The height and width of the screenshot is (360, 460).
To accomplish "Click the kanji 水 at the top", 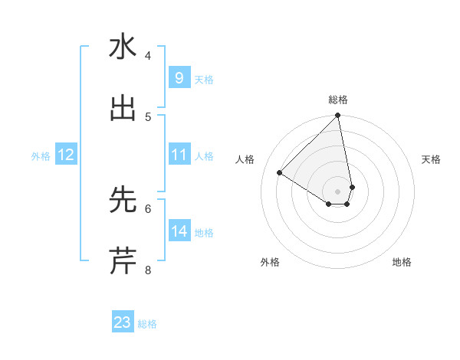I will tap(123, 47).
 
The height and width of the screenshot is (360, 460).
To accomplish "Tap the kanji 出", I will tap(123, 108).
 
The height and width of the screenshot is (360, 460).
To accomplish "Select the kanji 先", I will tap(123, 200).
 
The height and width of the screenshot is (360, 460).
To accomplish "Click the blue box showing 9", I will tap(179, 78).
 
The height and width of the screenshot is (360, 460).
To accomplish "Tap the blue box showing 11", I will tap(179, 155).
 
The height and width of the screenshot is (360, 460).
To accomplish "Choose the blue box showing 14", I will tap(179, 231).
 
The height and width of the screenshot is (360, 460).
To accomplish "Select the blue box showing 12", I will tap(66, 155).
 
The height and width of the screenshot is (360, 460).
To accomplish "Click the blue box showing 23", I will tap(123, 322).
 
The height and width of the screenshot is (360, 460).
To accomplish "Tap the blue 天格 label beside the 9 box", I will tap(204, 79).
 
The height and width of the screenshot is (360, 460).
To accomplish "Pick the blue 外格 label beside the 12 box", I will tap(41, 155).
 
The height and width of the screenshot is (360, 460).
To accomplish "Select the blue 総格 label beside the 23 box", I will tap(147, 323).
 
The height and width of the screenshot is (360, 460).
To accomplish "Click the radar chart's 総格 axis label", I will tap(338, 100).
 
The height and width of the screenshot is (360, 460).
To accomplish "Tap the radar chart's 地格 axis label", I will tap(402, 262).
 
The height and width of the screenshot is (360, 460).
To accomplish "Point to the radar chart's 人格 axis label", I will tap(245, 159).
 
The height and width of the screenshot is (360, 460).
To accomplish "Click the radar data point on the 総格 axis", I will tap(338, 116).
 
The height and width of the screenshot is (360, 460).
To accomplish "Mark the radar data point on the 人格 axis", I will tap(280, 172).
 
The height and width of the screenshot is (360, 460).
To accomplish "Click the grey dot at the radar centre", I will tap(338, 191).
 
